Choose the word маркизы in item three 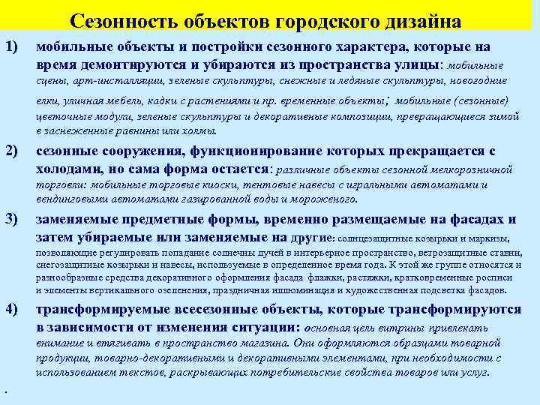490,238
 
